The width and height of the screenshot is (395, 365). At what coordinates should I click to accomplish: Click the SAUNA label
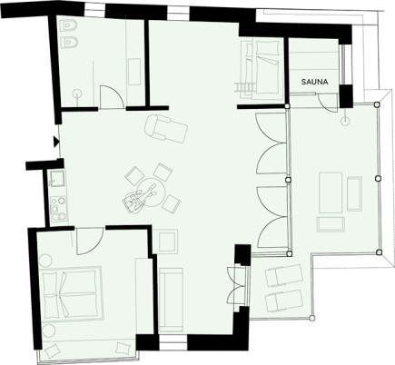tap(314, 82)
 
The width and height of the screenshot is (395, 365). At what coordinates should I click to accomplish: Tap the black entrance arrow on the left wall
tap(56, 142)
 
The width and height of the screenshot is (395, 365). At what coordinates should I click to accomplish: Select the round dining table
tap(151, 192)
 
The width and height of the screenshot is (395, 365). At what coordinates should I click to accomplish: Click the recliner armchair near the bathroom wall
tap(166, 128)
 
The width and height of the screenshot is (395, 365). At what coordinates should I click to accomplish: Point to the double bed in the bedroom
tap(72, 292)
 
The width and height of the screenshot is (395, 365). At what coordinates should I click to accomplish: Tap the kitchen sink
tap(56, 178)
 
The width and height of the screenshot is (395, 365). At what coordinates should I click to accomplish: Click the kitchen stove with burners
tap(58, 209)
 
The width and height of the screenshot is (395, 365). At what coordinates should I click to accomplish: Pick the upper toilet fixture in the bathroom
tap(70, 26)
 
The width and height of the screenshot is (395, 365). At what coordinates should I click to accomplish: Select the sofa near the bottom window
tap(171, 299)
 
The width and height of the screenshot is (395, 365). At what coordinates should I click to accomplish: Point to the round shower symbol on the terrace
tap(345, 122)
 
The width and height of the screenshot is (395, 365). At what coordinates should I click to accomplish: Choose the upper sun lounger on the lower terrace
tap(284, 274)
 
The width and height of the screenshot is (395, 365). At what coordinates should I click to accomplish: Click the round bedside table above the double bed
tap(45, 261)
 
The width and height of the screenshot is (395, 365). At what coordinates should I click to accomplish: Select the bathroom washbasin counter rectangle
tap(134, 72)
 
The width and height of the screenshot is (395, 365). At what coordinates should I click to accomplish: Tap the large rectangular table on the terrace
tap(331, 192)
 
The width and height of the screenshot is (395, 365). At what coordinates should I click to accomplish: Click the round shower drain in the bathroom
tap(77, 94)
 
